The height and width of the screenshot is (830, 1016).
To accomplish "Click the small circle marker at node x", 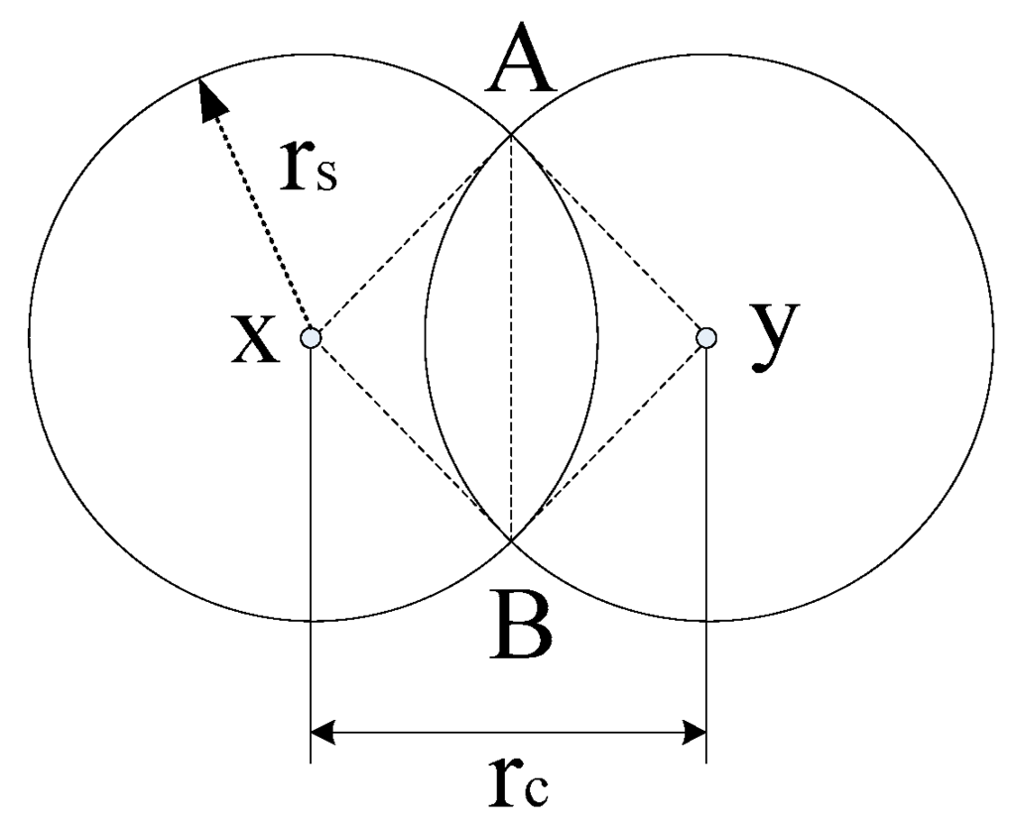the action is coord(311,338).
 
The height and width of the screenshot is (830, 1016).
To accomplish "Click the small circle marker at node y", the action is coord(706,338).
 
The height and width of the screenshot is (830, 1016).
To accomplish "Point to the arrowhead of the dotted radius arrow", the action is coord(208,97).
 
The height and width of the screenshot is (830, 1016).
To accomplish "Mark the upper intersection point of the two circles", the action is coord(510,136).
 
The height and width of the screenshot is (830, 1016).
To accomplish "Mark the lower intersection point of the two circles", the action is coord(510,539).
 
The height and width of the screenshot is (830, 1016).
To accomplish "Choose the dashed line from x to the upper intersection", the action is coord(411,236).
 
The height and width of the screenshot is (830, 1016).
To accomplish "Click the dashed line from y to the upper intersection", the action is coord(608,236).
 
